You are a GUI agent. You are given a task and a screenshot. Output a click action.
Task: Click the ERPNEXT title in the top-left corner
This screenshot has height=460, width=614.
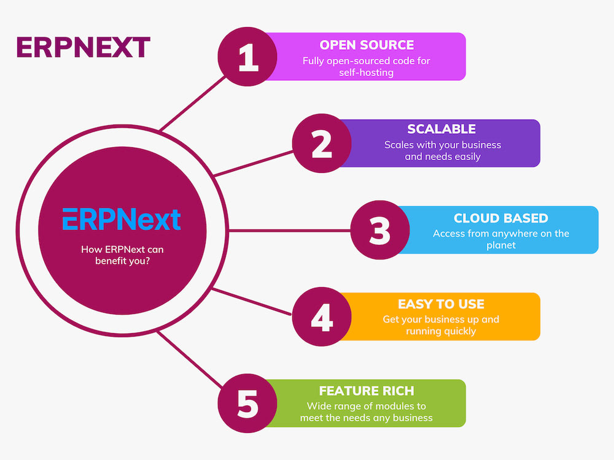click(83, 48)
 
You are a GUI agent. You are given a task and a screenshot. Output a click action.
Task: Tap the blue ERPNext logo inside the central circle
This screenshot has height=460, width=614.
click(122, 219)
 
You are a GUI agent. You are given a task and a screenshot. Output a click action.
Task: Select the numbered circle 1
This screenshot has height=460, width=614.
click(248, 57)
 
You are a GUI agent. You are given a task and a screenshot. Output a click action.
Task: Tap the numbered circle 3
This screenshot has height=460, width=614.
click(380, 231)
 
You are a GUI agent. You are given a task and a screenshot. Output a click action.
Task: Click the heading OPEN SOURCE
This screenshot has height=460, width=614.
click(367, 45)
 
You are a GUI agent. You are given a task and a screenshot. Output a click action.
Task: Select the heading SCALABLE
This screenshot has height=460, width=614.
click(441, 129)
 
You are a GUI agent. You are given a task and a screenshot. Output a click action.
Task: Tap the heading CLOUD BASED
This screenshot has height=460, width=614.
click(500, 218)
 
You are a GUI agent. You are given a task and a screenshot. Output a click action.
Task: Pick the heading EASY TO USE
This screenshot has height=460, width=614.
click(441, 304)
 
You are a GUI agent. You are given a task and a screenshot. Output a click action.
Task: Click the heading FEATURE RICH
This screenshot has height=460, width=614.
click(366, 391)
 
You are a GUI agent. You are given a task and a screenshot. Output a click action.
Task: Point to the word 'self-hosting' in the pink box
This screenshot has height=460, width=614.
click(366, 72)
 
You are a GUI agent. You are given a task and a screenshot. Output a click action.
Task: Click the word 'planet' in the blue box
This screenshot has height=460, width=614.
click(500, 245)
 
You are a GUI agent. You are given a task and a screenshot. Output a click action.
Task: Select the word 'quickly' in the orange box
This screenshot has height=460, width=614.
click(459, 331)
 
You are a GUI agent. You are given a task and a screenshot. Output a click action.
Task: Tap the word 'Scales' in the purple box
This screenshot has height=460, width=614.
click(398, 145)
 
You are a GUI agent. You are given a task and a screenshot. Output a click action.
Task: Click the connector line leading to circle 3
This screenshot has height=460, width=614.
click(289, 231)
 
